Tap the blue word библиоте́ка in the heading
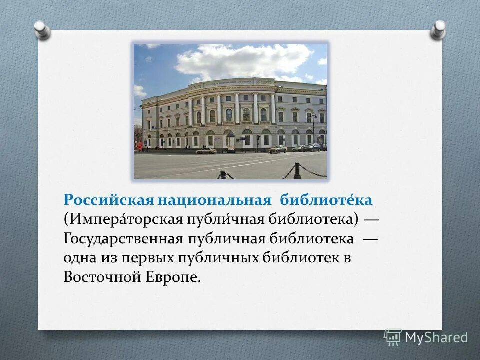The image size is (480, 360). coord(326,200)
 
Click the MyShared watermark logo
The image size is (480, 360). coord(426,337)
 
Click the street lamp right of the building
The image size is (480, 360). coord(313,127)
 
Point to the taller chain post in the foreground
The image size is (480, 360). coord(297,170)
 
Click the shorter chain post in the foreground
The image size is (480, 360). coord(222,174)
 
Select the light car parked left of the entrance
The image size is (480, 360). coord(205,150)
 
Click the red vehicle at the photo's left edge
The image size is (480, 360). coord(139,146)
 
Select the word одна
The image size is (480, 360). coord(80,257)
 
